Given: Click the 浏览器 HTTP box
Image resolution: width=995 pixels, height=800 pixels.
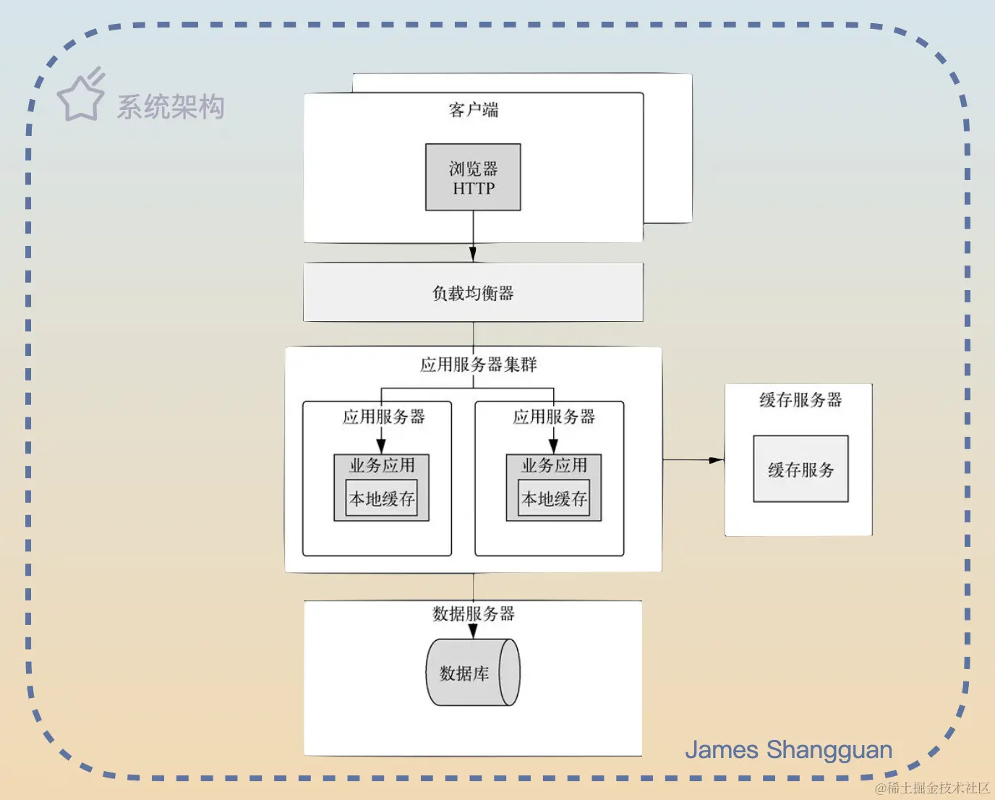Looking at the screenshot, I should tap(473, 177).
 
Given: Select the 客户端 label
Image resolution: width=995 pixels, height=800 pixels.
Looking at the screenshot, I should tap(473, 110).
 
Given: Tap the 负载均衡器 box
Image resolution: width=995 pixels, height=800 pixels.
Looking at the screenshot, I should tap(473, 293).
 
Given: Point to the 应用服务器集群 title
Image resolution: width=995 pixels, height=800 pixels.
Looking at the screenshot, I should tap(478, 365).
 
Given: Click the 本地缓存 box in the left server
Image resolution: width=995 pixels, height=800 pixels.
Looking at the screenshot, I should tap(382, 498).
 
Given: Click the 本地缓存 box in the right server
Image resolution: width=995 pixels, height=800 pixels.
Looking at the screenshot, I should tap(554, 498).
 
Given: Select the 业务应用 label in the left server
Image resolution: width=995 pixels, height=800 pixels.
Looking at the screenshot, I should tap(382, 465).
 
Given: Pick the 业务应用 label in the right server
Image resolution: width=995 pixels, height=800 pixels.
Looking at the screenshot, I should tap(554, 465).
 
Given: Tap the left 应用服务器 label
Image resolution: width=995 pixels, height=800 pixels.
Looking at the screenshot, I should tap(383, 417).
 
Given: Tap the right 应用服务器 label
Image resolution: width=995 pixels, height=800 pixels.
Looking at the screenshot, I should tap(554, 417).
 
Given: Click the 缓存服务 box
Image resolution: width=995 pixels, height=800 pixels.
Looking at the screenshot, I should tap(800, 469).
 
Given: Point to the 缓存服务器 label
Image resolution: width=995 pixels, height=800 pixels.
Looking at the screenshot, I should tap(800, 400).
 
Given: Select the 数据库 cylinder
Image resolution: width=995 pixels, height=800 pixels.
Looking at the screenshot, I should tap(472, 673).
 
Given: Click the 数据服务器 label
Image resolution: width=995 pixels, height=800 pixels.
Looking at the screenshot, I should tap(473, 614).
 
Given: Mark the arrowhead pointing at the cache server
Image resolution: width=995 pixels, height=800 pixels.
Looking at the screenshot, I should tap(716, 460).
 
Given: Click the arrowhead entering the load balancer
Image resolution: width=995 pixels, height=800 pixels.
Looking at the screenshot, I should tap(473, 254).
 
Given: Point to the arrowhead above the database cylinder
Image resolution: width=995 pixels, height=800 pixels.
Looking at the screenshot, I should tap(473, 631).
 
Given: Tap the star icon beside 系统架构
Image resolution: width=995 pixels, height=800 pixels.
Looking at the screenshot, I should tap(80, 97).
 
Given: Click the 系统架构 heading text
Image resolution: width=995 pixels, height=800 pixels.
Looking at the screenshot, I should tap(171, 107).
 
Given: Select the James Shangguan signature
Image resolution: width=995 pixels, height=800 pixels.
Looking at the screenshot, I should tap(788, 750).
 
